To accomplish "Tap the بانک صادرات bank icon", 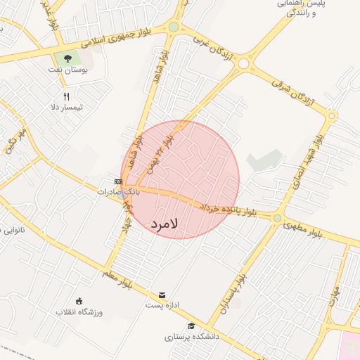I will (x=118, y=181).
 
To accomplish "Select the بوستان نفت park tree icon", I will (x=67, y=58).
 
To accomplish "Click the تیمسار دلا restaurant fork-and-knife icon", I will (x=67, y=96).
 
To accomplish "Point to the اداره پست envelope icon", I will (x=162, y=295).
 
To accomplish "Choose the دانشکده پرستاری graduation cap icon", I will (x=191, y=326).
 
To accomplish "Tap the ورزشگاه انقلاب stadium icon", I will (x=79, y=301).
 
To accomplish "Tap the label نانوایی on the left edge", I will (x=13, y=229).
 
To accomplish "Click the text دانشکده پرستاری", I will (x=192, y=337).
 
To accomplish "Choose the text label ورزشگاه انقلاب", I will (x=79, y=311).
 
